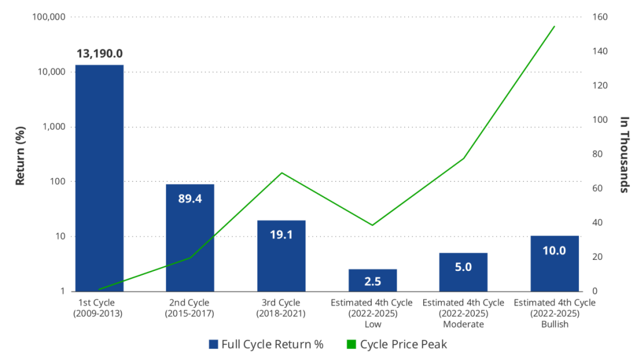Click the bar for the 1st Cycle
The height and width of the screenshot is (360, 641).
(100, 178)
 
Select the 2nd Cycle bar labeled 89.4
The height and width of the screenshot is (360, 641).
(190, 238)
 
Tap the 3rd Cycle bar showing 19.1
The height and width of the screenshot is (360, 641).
(281, 256)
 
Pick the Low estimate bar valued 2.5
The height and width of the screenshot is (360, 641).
(372, 280)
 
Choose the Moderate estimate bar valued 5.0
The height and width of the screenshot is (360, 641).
(463, 272)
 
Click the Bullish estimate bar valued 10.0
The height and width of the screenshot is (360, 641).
(555, 263)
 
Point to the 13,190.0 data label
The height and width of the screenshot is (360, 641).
(100, 53)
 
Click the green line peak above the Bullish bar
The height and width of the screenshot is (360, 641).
(554, 27)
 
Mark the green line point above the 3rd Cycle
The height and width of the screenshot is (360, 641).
(281, 173)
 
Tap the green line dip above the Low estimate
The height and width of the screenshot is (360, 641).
(372, 225)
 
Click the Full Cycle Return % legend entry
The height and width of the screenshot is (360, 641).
(266, 344)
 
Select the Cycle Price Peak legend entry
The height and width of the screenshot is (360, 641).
(397, 344)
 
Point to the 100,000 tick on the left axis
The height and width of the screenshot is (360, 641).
(49, 17)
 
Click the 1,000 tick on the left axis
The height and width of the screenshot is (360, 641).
(54, 127)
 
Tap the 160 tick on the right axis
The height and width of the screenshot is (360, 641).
(600, 17)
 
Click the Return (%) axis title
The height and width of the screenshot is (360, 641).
(20, 156)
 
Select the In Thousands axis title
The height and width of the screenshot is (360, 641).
(624, 155)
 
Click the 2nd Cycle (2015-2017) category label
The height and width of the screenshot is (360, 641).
(189, 308)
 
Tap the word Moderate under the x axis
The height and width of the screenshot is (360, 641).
(464, 324)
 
